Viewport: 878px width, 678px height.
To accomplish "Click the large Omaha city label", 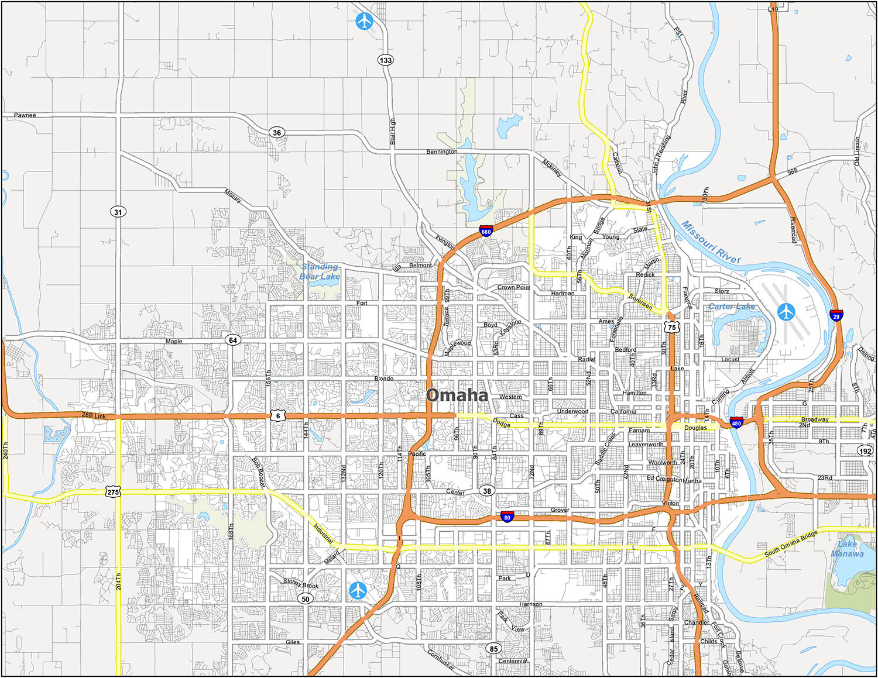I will pyautogui.click(x=457, y=395).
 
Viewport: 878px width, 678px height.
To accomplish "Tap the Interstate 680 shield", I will pyautogui.click(x=486, y=230).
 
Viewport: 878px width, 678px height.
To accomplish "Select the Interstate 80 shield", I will pyautogui.click(x=507, y=517).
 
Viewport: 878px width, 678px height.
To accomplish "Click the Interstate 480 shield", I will pyautogui.click(x=736, y=422).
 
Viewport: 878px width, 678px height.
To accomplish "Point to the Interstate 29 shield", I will pyautogui.click(x=836, y=315).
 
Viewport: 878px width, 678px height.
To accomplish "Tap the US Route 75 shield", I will pyautogui.click(x=672, y=326).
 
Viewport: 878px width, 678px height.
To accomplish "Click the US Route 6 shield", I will pyautogui.click(x=278, y=415).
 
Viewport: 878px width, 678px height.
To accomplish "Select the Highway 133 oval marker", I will pyautogui.click(x=386, y=60).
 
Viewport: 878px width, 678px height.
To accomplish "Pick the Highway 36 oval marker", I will pyautogui.click(x=277, y=132).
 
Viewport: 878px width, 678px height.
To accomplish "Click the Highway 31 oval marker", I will pyautogui.click(x=118, y=212).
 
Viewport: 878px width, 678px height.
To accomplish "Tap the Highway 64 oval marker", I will pyautogui.click(x=233, y=340).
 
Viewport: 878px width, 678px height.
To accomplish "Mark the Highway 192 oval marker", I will pyautogui.click(x=865, y=450).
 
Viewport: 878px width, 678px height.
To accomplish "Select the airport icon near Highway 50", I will pyautogui.click(x=358, y=590).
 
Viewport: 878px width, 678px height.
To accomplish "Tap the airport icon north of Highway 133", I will pyautogui.click(x=364, y=22).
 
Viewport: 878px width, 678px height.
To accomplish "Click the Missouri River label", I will pyautogui.click(x=711, y=242).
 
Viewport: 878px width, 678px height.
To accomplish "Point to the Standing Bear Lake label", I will pyautogui.click(x=320, y=271).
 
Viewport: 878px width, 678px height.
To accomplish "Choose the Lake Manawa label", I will pyautogui.click(x=847, y=549).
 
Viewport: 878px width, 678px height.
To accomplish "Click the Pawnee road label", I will pyautogui.click(x=25, y=115).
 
